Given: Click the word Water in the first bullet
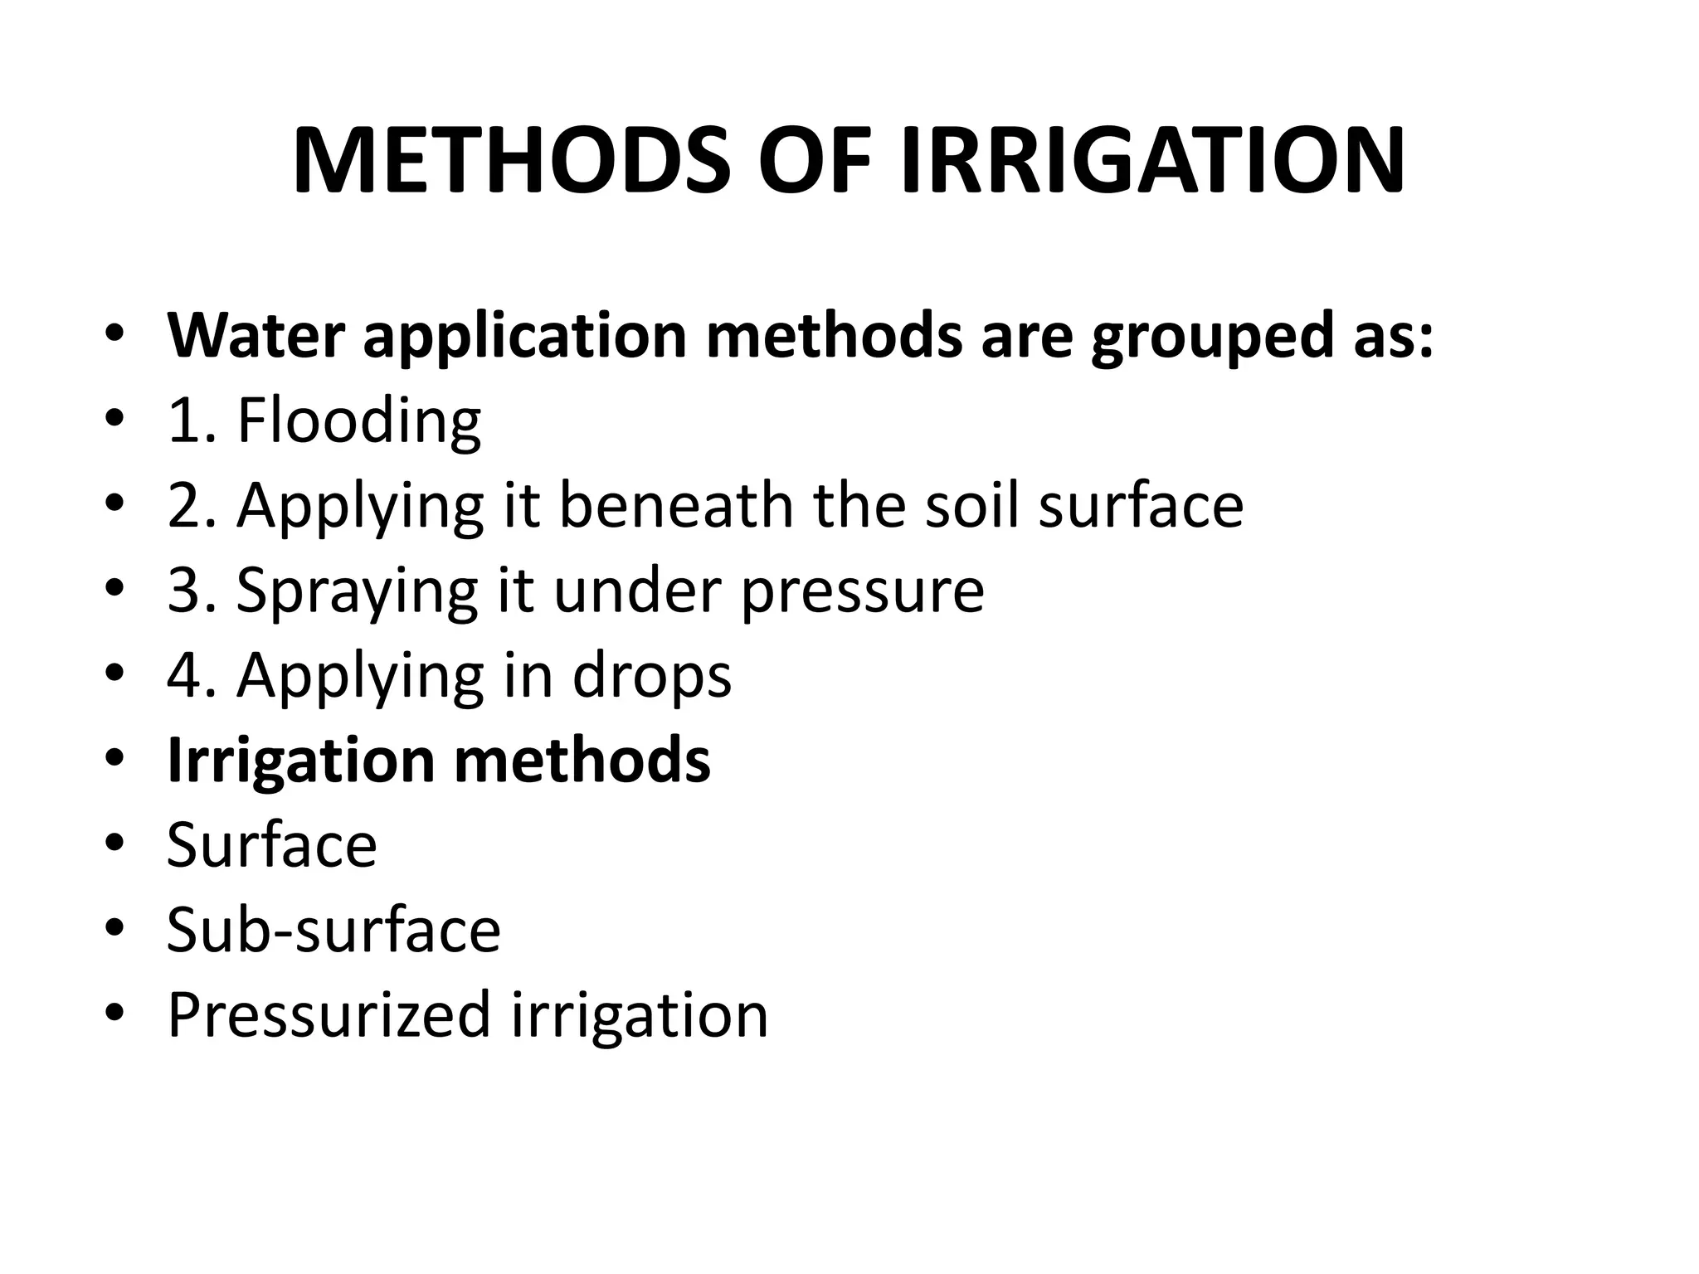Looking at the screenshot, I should [x=256, y=335].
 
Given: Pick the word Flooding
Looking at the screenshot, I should [x=358, y=421].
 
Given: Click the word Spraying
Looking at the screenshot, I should [x=357, y=592].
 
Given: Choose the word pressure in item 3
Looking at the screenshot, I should [x=862, y=592].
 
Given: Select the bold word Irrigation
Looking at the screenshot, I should [x=300, y=760].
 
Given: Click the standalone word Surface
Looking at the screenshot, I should [x=271, y=845].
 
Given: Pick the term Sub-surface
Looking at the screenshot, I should [x=333, y=930].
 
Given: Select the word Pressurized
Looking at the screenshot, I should [x=329, y=1015].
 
